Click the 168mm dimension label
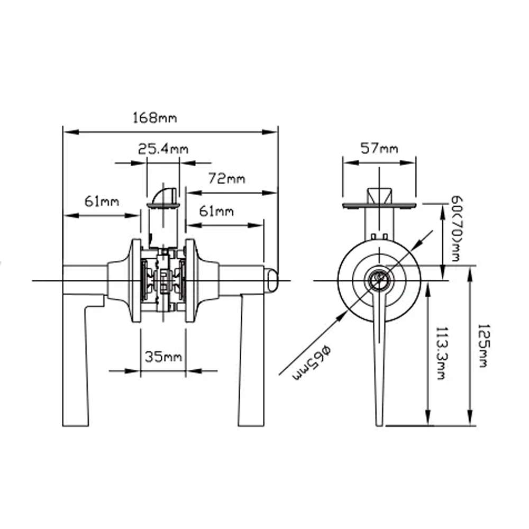[155, 118]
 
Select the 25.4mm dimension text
[163, 149]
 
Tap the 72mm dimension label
[226, 178]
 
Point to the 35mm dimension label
[163, 357]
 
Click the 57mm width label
[379, 148]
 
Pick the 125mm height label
[483, 346]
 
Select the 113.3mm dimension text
[441, 353]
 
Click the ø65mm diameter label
[311, 363]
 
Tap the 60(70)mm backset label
[456, 229]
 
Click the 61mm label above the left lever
[102, 202]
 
